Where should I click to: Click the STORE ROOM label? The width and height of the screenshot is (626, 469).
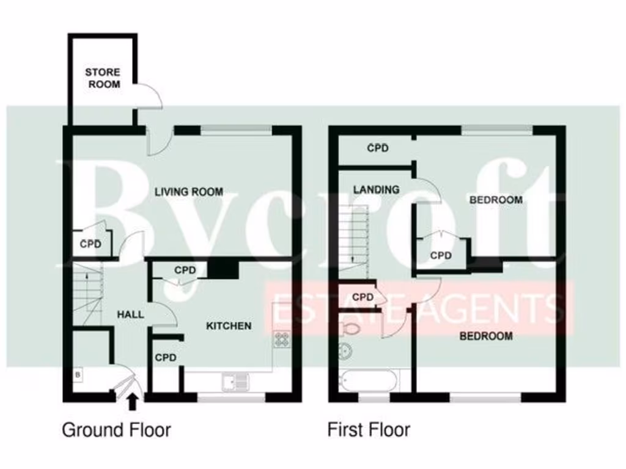103,78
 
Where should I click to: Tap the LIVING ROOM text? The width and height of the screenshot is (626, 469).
188,192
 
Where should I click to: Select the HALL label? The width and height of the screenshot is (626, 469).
131,314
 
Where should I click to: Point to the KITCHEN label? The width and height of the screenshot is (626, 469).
228,325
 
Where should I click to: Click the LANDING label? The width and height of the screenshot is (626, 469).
376,189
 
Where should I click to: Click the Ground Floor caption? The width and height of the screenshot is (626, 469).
116,430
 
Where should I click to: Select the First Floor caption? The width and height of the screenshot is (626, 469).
369,430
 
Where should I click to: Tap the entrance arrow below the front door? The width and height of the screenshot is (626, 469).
132,402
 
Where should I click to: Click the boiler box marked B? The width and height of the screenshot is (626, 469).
78,374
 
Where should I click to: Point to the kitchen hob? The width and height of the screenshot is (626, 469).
281,339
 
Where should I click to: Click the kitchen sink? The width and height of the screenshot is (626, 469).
236,382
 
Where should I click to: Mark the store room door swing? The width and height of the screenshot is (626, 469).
149,96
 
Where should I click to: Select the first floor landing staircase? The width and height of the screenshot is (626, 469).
354,235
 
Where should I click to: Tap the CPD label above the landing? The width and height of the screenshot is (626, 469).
378,148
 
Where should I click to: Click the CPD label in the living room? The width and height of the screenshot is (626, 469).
90,245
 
